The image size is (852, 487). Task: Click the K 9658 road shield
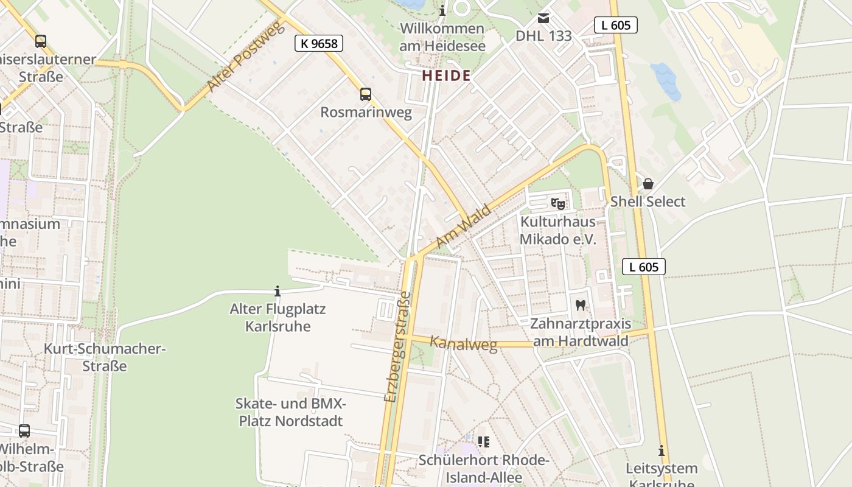(x=319, y=43)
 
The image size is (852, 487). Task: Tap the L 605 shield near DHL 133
(x=615, y=25)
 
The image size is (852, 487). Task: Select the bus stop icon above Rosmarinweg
(x=365, y=94)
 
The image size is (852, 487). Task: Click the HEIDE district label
(x=446, y=75)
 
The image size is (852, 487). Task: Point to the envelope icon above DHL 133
(x=543, y=19)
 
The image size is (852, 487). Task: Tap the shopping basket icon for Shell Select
(x=648, y=184)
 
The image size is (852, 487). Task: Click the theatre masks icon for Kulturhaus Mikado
(x=557, y=204)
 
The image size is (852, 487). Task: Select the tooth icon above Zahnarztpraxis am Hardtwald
(x=580, y=306)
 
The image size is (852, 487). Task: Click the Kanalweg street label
(x=463, y=343)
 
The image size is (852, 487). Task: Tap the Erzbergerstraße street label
(x=398, y=347)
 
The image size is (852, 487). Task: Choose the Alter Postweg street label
(x=245, y=56)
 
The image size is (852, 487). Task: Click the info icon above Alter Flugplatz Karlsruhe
(x=278, y=292)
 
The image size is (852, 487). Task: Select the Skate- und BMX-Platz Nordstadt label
(x=290, y=412)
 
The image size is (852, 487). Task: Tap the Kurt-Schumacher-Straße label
(x=105, y=357)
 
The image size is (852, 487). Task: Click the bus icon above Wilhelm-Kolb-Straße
(x=24, y=431)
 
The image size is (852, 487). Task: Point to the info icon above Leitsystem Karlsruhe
(x=661, y=451)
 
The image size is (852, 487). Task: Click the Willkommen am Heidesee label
(x=442, y=37)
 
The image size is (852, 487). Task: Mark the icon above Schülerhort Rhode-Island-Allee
(x=484, y=441)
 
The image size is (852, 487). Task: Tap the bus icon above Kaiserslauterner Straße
(x=41, y=41)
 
